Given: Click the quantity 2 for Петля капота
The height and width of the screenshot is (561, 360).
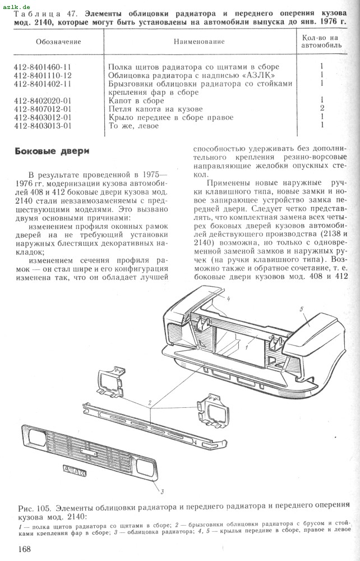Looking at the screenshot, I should pos(322,108).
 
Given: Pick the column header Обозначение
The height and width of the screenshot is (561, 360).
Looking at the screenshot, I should pos(58,42).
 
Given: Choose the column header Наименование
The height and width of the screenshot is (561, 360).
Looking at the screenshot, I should pos(199,42).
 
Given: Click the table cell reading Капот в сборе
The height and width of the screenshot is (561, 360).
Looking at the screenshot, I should pos(136,100).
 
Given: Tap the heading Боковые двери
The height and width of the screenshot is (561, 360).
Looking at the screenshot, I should pos(52,151).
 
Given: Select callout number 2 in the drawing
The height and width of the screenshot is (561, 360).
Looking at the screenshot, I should pos(150,402).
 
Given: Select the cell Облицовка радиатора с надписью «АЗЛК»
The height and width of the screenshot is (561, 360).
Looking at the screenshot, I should pos(193,75).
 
